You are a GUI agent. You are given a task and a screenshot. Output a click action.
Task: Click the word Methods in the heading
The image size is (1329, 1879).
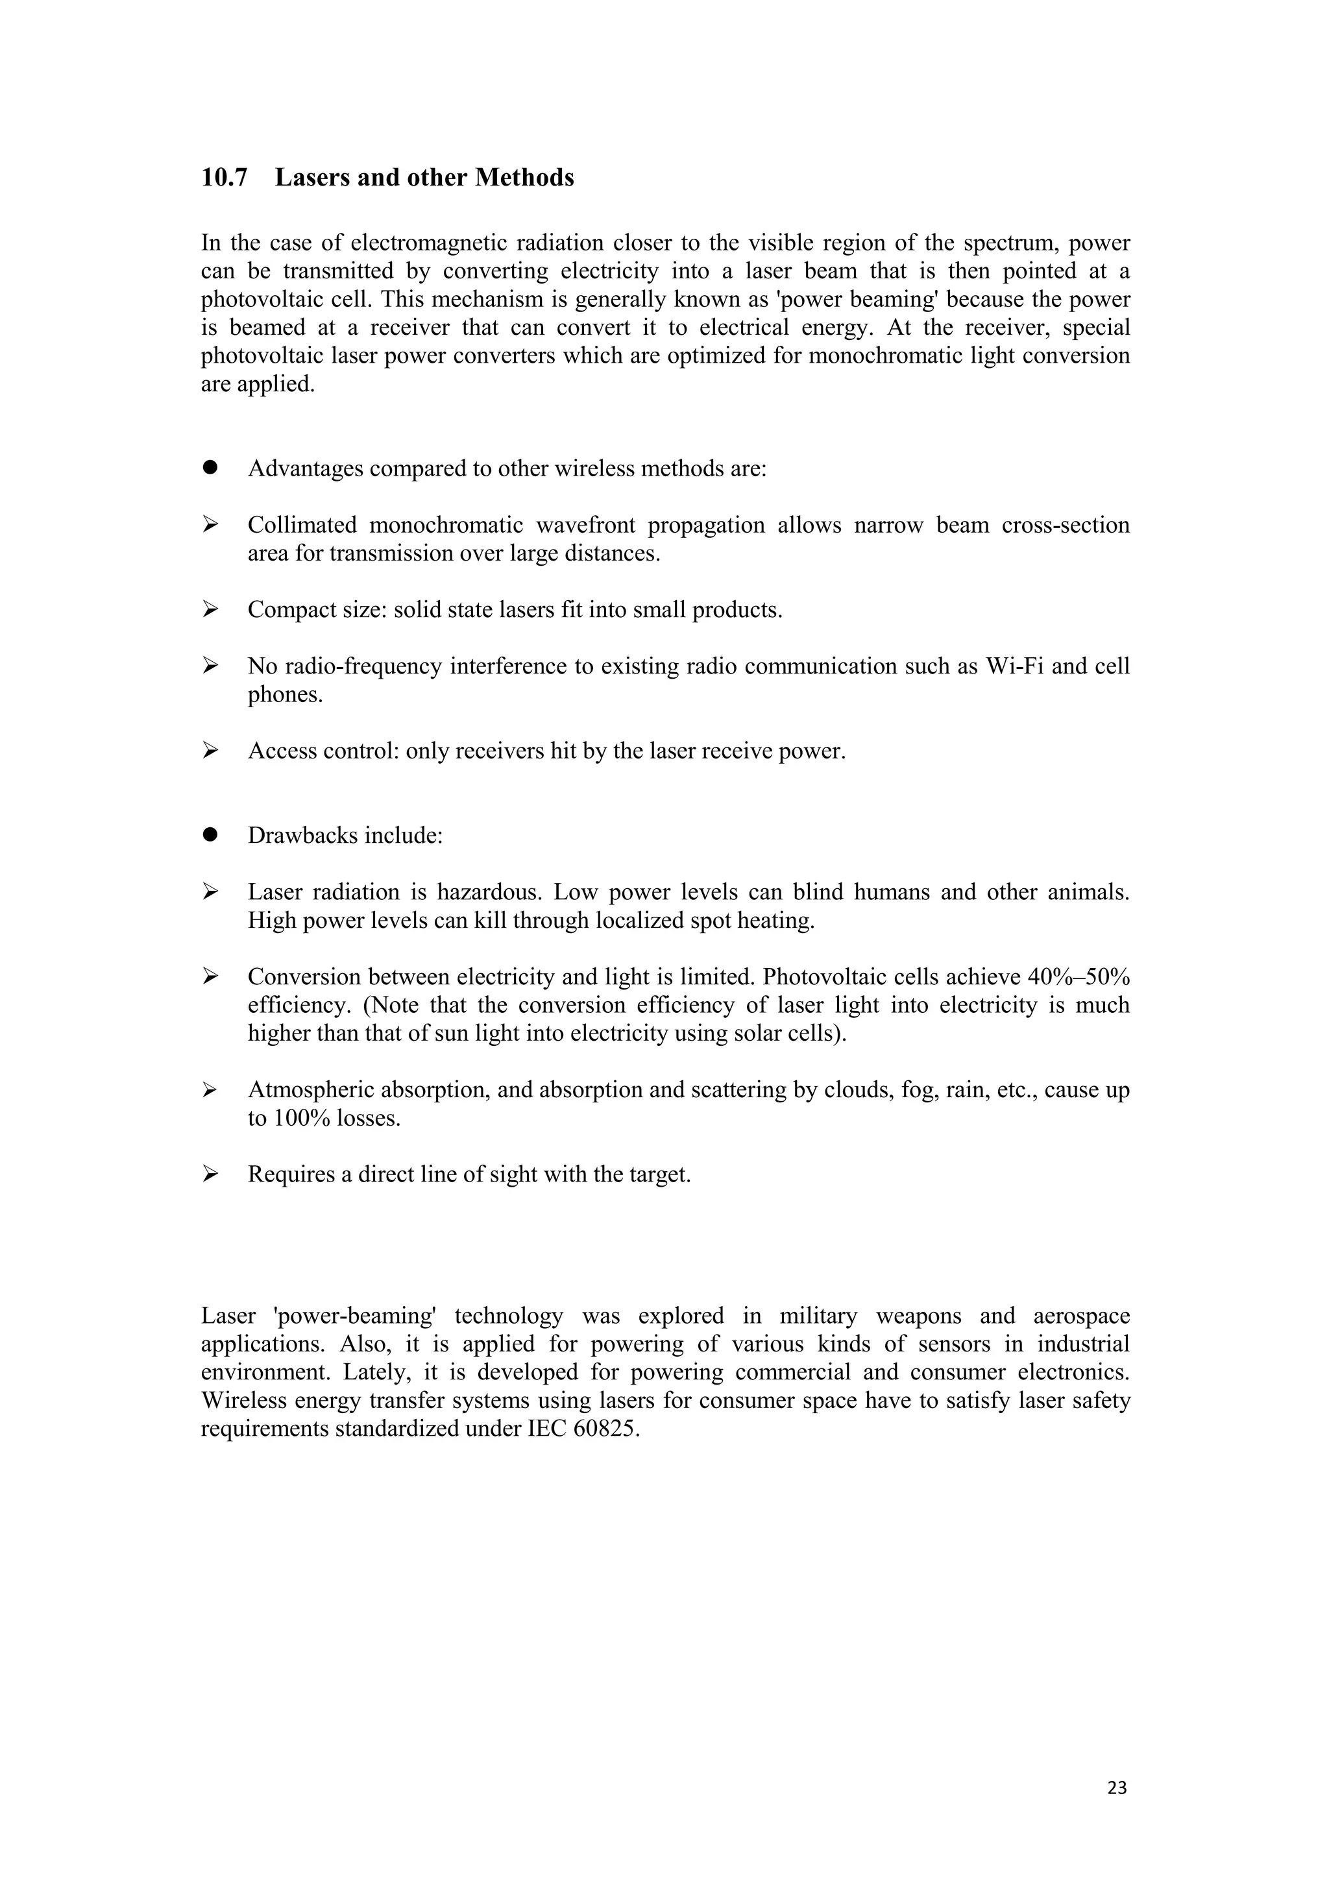click(x=524, y=178)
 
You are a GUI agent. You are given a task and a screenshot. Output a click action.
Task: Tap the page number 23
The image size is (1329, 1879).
click(x=1116, y=1788)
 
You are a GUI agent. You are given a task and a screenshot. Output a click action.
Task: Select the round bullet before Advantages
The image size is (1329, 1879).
click(x=210, y=467)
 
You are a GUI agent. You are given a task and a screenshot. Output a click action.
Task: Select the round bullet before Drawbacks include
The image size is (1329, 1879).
click(x=210, y=835)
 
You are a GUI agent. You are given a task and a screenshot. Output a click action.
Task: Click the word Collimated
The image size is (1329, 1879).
click(x=302, y=526)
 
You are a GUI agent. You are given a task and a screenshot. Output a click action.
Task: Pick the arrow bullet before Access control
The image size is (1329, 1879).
click(x=210, y=751)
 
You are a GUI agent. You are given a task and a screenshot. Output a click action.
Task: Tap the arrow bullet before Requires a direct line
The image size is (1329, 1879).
click(x=210, y=1174)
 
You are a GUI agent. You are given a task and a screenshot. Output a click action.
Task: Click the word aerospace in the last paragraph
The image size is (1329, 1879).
click(x=1080, y=1316)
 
